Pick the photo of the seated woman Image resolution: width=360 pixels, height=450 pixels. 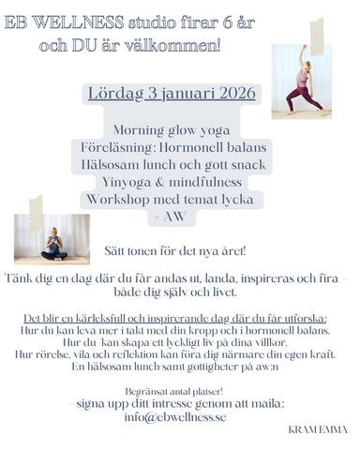tap(52, 239)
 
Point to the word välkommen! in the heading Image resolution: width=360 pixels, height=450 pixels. tap(176, 44)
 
